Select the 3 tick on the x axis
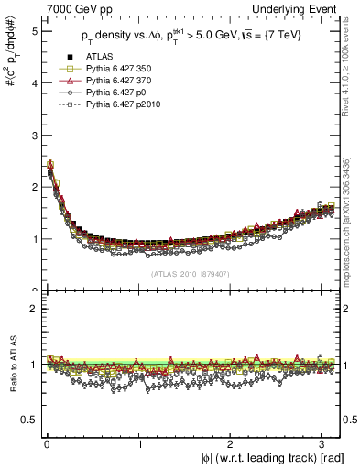pyautogui.click(x=322, y=445)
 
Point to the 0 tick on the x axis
pyautogui.click(x=46, y=445)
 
